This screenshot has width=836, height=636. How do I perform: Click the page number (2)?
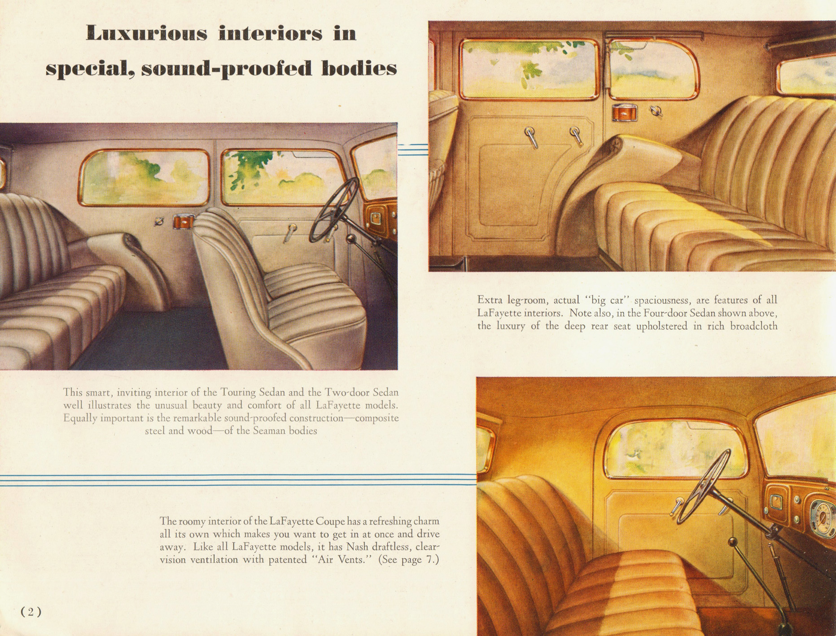click(x=31, y=612)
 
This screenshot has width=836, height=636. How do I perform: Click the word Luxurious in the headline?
click(x=146, y=34)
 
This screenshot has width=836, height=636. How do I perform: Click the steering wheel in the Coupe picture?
click(x=705, y=487)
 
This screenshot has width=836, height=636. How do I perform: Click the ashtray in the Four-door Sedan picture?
click(x=624, y=112)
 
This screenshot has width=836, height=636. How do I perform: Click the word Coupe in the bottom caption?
click(x=330, y=522)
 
